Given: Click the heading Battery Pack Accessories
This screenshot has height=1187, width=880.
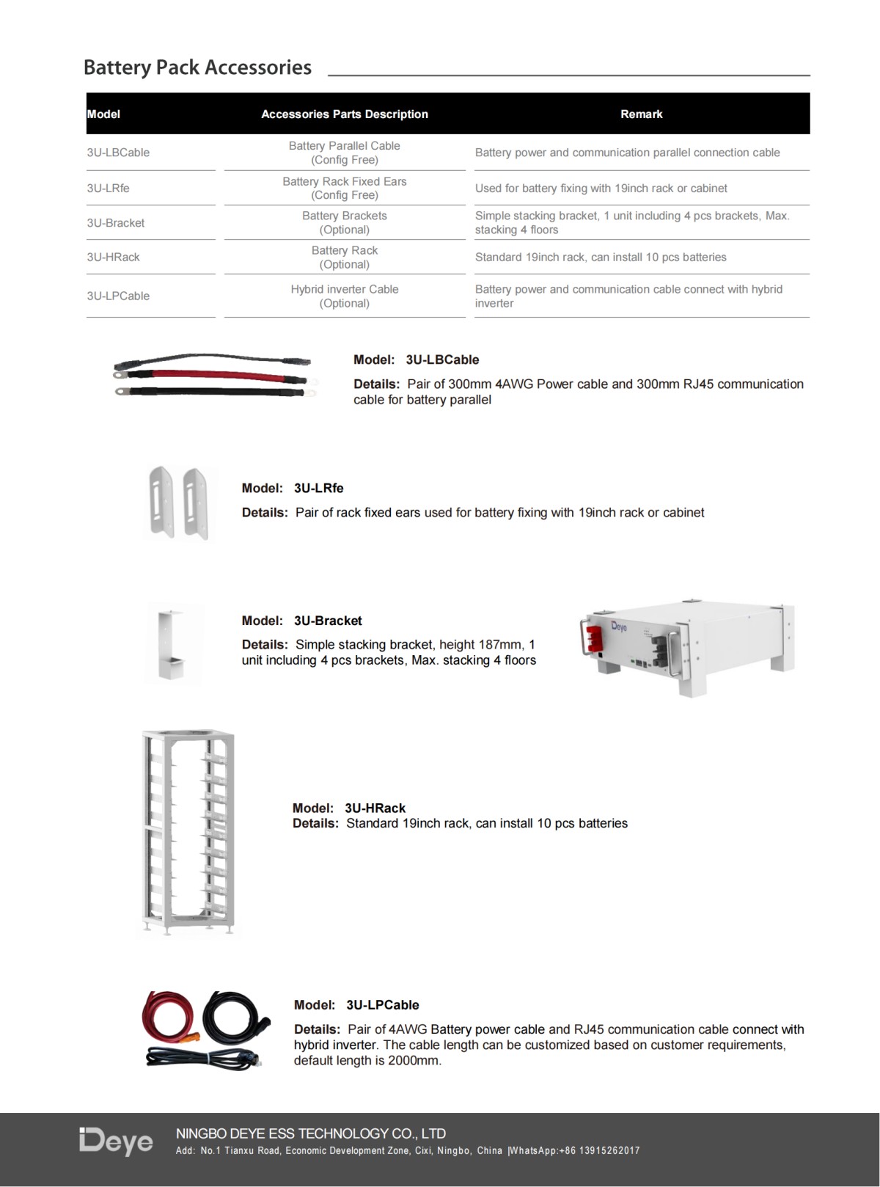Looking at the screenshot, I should [197, 67].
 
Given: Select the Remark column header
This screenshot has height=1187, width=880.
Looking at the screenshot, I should [641, 114].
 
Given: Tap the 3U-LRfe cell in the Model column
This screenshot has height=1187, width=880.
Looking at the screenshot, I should [108, 189].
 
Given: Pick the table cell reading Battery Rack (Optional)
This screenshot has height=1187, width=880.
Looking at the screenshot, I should [344, 258].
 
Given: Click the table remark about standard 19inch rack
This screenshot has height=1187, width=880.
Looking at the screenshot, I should [600, 258].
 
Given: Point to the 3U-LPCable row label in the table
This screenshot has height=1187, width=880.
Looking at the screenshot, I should [118, 296].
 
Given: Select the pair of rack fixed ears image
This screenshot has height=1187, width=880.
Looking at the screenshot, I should [180, 503].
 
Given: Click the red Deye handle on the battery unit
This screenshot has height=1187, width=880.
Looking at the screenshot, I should [595, 637].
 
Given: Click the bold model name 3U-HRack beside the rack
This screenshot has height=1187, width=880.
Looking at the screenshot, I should [375, 808].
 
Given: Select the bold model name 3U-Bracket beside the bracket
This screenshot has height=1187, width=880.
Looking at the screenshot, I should [328, 621].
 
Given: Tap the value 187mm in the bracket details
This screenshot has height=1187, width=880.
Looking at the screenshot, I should [503, 645].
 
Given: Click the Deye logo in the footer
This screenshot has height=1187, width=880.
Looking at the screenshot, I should [116, 1142].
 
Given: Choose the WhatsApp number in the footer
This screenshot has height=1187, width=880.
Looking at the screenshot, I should [601, 1151].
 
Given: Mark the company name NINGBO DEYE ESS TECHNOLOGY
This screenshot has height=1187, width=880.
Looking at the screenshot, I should [311, 1133].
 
